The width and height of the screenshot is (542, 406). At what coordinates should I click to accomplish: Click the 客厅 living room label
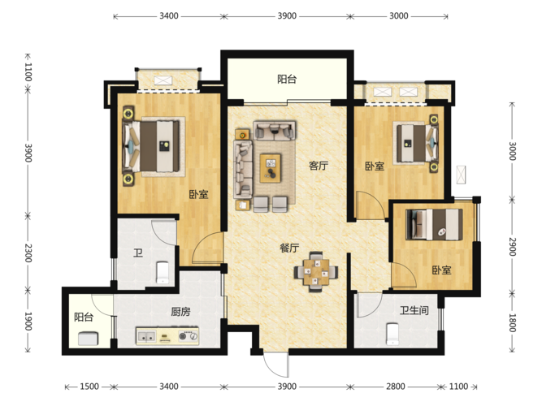318,166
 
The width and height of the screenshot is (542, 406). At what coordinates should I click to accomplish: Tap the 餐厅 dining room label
289,248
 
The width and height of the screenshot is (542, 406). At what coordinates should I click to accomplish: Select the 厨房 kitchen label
180,312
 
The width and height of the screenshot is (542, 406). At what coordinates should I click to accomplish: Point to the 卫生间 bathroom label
414,310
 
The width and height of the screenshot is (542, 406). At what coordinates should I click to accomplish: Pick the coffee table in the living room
271,168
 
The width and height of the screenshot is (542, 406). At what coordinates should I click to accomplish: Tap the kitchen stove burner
189,336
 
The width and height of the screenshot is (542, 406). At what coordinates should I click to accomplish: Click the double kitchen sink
146,336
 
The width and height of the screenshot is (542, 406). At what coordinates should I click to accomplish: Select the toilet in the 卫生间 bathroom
392,334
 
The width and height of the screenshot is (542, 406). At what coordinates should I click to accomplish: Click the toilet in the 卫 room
163,273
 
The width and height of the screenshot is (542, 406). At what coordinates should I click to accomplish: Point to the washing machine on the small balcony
88,339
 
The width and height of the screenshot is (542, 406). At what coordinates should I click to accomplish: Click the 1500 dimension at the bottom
89,387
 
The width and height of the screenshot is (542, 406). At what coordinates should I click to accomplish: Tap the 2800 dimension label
396,387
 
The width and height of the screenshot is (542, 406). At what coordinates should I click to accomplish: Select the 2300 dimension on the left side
28,253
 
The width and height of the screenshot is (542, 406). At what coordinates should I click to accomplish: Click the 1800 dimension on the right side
512,322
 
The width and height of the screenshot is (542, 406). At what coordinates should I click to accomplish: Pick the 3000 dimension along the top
398,16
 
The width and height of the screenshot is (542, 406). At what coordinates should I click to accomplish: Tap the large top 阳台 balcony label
287,79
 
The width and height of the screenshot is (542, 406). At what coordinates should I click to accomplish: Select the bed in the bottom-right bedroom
435,225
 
